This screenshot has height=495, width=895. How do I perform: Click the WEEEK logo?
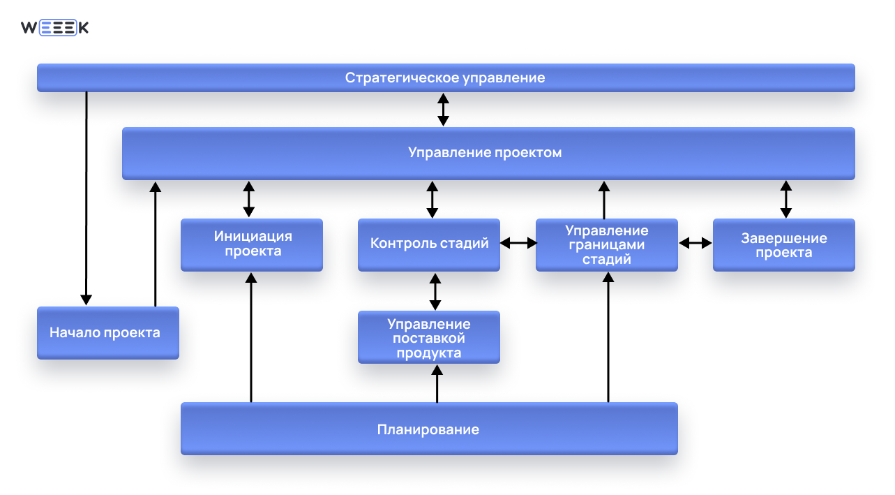tap(54, 28)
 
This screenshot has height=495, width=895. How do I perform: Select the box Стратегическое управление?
tap(445, 77)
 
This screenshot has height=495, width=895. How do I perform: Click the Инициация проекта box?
tap(252, 244)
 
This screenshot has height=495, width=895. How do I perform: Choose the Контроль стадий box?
tap(429, 244)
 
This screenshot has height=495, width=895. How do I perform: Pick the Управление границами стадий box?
tap(606, 244)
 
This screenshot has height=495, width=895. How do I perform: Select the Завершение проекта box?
tap(783, 244)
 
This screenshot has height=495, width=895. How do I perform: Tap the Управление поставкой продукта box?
tap(429, 337)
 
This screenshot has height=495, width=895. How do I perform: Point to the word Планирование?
tap(428, 429)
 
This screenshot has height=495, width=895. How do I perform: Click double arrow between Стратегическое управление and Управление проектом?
tap(443, 110)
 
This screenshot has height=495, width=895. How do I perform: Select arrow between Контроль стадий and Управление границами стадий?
tap(518, 243)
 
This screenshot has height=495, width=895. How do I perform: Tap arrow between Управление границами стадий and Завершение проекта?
tap(695, 243)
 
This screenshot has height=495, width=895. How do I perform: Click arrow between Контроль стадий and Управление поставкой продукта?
tap(435, 291)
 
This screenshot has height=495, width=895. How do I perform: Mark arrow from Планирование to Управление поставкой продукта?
tap(437, 383)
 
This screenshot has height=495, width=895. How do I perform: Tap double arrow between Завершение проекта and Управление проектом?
tap(786, 199)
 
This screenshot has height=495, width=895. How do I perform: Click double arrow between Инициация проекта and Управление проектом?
tap(248, 199)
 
